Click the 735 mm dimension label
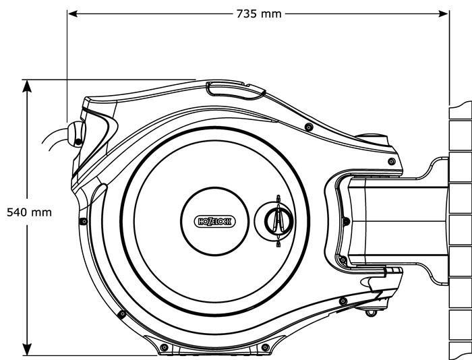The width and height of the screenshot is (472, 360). [x=259, y=13]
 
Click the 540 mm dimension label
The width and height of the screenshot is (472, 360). [x=29, y=212]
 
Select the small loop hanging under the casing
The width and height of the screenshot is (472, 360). [x=370, y=311]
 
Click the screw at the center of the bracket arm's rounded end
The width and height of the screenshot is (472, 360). [x=345, y=220]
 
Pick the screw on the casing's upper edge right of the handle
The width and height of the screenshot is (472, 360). [x=308, y=127]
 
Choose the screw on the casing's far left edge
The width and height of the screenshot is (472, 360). [x=83, y=220]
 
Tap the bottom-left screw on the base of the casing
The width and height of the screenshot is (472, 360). [x=164, y=347]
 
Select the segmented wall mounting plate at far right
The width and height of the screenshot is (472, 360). [x=460, y=222]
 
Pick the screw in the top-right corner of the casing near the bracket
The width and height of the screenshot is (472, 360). [x=392, y=159]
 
